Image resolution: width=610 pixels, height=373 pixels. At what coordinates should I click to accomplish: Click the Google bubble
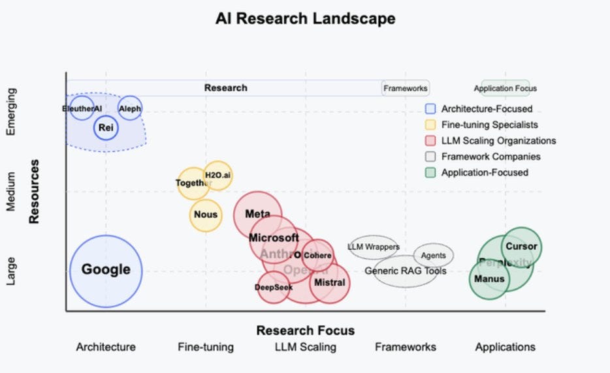click(106, 270)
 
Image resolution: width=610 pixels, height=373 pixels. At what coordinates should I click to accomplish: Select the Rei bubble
click(106, 128)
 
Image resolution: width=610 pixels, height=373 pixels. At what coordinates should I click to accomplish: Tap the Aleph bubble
click(130, 109)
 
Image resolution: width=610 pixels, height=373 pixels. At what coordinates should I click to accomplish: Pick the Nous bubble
click(206, 215)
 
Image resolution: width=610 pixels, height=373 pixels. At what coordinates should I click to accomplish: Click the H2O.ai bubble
click(217, 175)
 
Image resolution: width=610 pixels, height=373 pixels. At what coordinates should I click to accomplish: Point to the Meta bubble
click(257, 214)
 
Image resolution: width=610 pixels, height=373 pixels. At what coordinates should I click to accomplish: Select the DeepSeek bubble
click(274, 287)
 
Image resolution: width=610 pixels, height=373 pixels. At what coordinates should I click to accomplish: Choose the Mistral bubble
click(329, 283)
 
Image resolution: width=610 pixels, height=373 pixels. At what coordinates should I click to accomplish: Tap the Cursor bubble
click(522, 246)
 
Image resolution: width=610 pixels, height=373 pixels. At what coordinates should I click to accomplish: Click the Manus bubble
click(489, 279)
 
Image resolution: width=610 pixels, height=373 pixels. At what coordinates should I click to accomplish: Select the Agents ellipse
click(434, 256)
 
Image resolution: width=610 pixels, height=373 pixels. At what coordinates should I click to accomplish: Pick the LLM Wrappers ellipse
click(374, 247)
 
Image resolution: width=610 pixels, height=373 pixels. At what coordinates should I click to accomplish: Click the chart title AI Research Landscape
click(306, 19)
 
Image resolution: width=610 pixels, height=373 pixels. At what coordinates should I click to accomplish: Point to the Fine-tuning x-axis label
click(206, 347)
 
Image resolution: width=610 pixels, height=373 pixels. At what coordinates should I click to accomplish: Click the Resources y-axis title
click(34, 192)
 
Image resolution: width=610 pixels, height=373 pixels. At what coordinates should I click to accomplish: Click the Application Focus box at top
click(506, 88)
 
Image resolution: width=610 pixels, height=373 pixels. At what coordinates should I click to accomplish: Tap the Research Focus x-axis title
click(305, 330)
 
